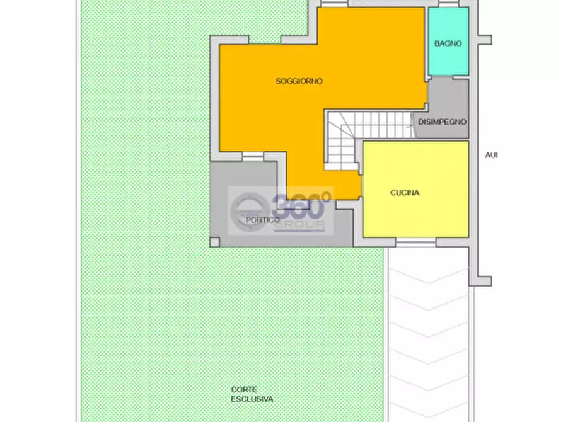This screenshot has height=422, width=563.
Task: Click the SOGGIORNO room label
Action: (x=299, y=81)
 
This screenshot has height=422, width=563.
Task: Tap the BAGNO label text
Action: (x=448, y=44)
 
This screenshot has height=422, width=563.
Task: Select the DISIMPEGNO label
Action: (x=442, y=122)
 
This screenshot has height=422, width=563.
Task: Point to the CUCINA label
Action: (x=405, y=193)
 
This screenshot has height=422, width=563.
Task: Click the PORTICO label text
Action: (x=263, y=220)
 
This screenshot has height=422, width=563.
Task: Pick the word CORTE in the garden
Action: (x=243, y=389)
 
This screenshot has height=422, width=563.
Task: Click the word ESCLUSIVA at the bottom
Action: (x=252, y=399)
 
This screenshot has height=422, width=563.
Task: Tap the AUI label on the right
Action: (x=492, y=155)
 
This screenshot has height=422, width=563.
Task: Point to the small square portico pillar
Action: (x=215, y=241)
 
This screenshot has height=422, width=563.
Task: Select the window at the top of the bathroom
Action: (x=448, y=4)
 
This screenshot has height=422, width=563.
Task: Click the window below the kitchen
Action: (x=415, y=242)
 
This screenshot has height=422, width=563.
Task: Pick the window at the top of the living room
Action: (x=334, y=4)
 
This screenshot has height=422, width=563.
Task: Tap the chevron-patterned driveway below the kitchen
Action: (x=429, y=328)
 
